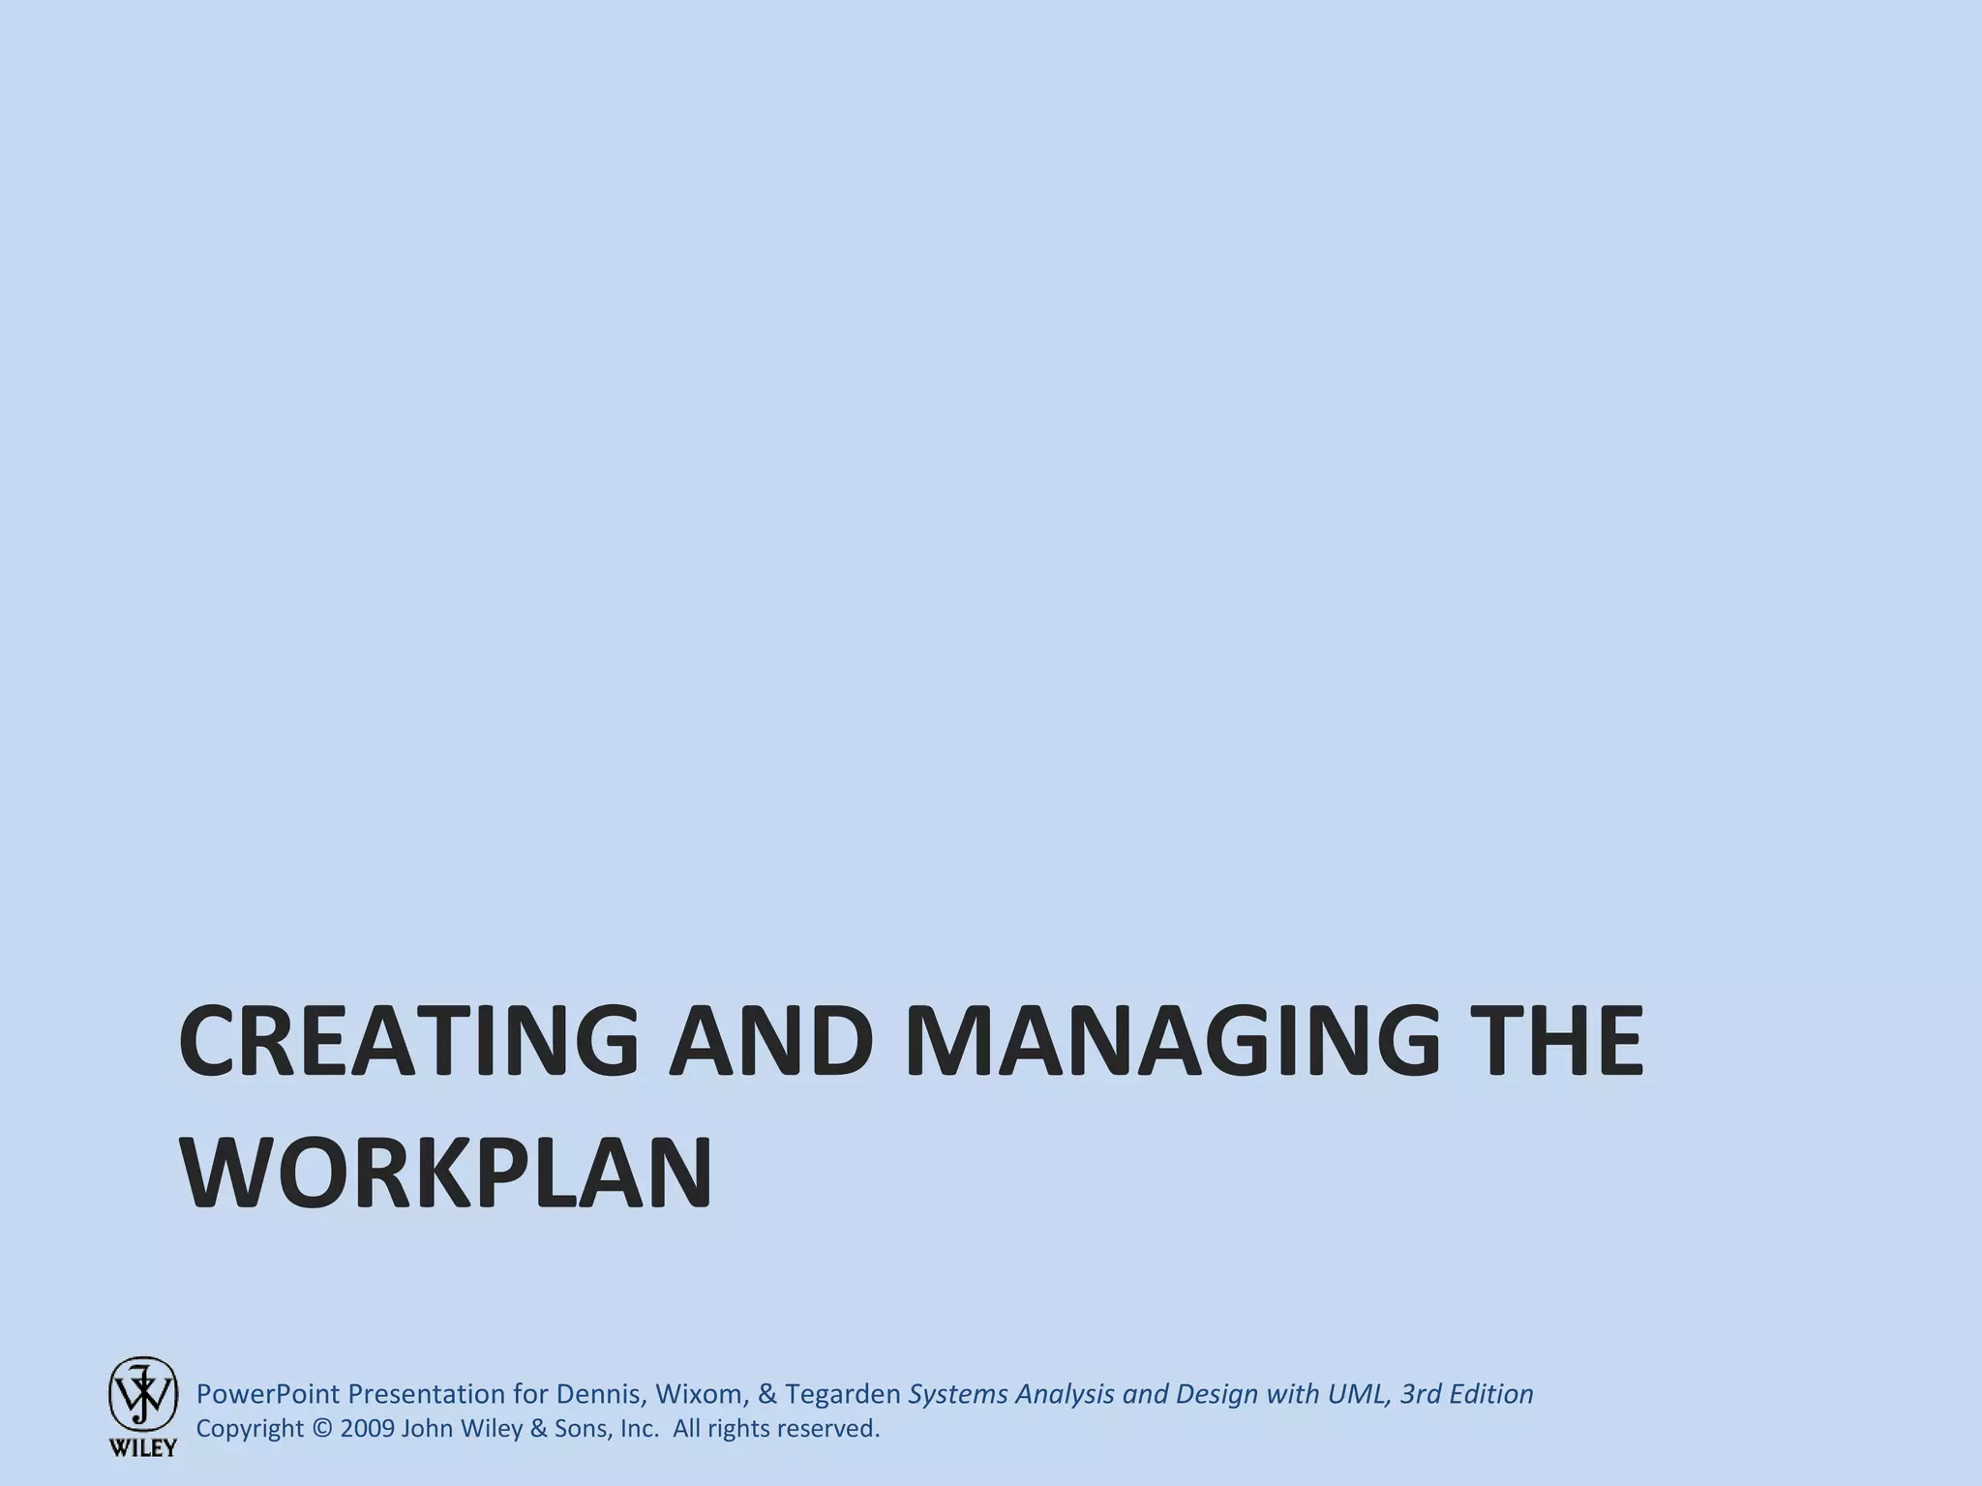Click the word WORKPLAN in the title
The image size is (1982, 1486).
pyautogui.click(x=446, y=1175)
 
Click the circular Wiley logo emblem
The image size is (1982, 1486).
pyautogui.click(x=142, y=1393)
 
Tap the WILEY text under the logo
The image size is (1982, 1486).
pyautogui.click(x=142, y=1448)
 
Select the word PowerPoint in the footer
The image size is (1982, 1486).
pyautogui.click(x=268, y=1394)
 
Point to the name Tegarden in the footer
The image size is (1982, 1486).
pyautogui.click(x=843, y=1394)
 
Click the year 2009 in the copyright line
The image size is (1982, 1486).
pyautogui.click(x=368, y=1429)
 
